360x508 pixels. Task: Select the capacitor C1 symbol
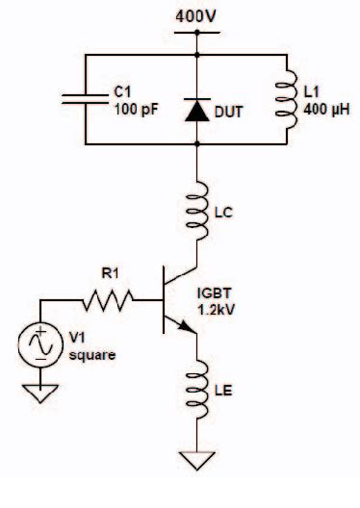pyautogui.click(x=85, y=96)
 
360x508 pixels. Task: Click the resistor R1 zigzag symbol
pyautogui.click(x=110, y=305)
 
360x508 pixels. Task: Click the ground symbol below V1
pyautogui.click(x=39, y=392)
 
